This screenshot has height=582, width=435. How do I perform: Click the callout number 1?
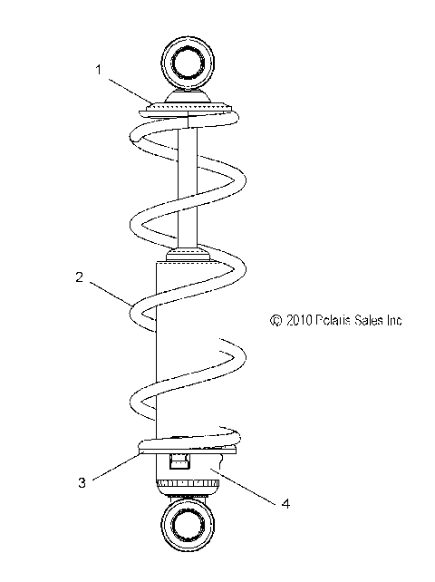[x=100, y=69]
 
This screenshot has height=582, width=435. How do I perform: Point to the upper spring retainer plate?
[x=188, y=110]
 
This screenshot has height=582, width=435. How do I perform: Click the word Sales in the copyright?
[x=371, y=320]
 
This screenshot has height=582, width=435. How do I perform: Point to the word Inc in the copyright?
[x=395, y=320]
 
